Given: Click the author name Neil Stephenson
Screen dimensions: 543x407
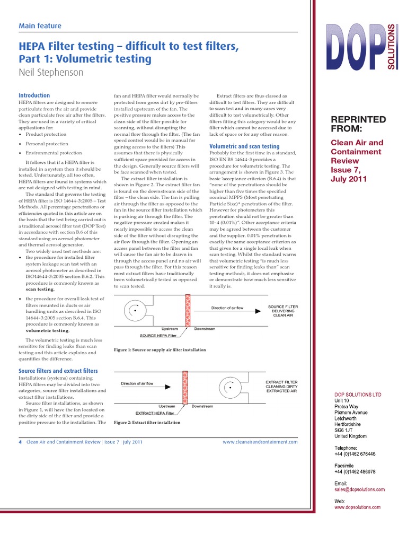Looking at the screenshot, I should point(51,73).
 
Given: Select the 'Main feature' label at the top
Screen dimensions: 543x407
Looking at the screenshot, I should point(40,26).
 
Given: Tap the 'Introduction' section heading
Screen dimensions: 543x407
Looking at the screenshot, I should point(34,95).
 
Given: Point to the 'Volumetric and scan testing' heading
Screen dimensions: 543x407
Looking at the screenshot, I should point(244,146).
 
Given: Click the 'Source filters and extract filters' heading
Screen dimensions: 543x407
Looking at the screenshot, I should point(58,371).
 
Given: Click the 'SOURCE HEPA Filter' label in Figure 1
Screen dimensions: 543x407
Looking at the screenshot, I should point(158,336).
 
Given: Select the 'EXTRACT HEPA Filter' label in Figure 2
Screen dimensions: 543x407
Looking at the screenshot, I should point(155,413).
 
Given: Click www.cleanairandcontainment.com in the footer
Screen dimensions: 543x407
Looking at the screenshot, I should point(260,442).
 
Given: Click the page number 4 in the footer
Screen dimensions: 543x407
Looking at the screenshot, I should point(20,442).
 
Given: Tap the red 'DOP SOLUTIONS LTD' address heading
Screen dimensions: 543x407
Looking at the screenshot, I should point(358,395).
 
